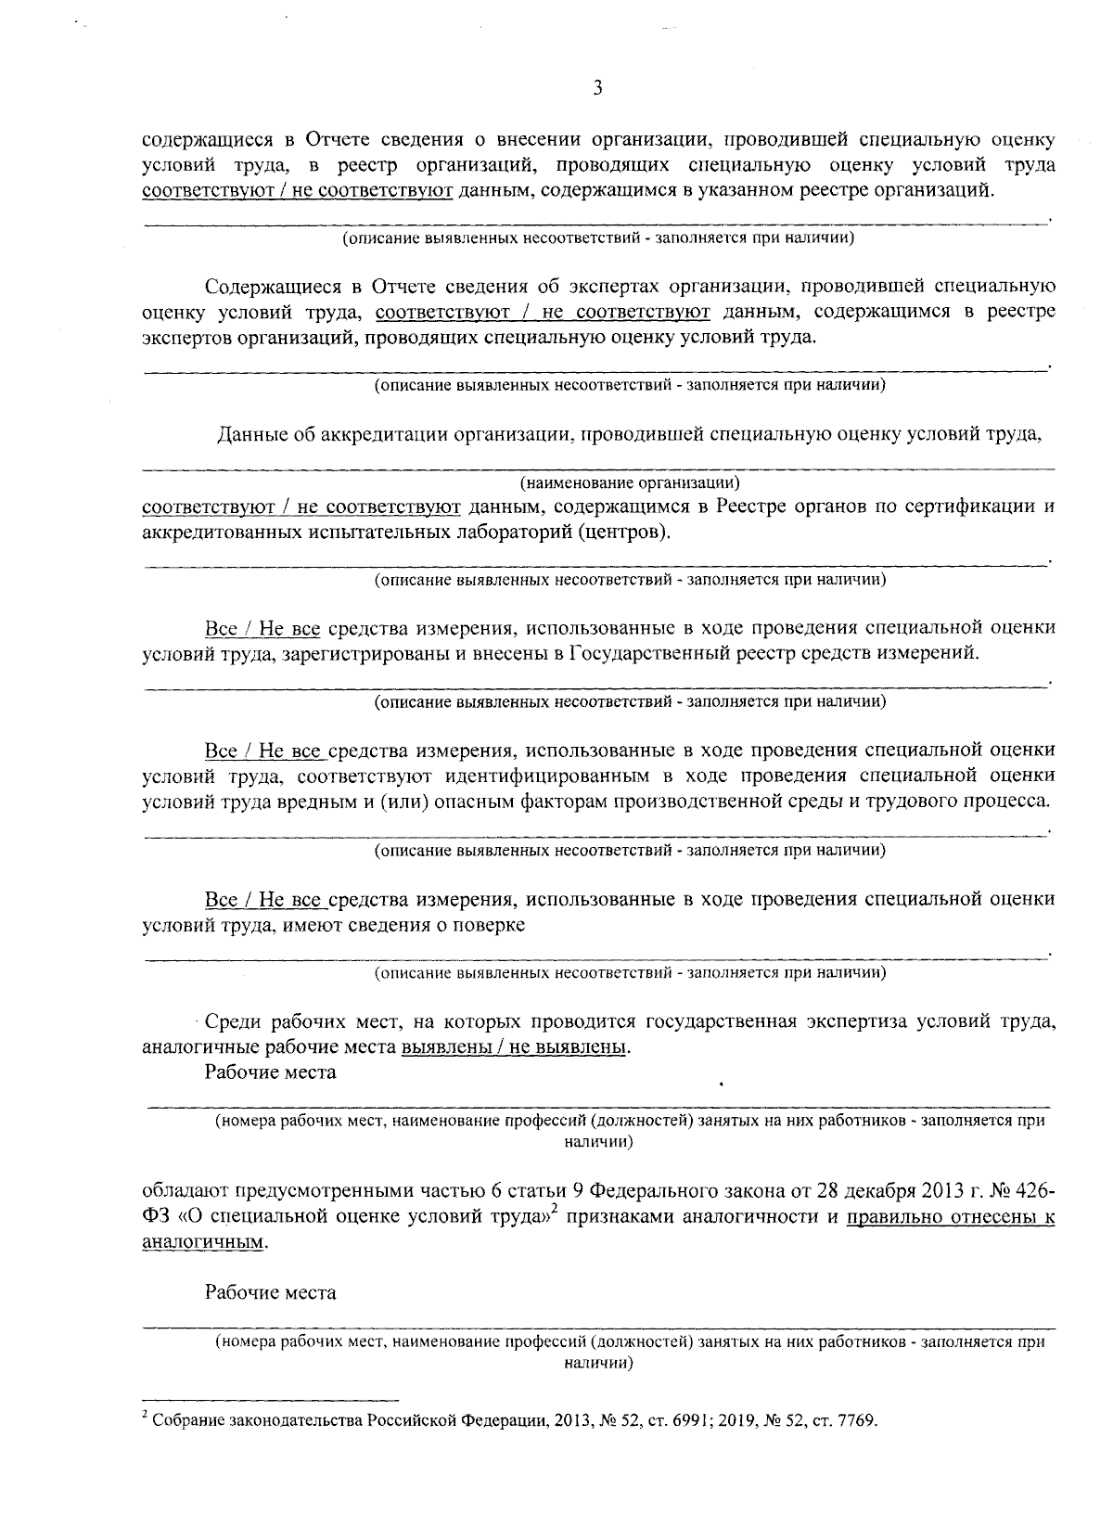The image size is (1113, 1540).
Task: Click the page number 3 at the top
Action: click(597, 88)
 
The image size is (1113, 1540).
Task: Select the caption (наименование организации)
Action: click(630, 482)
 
